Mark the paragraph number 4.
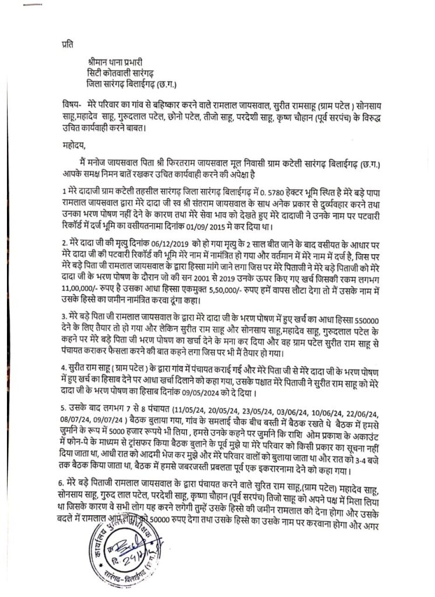pyautogui.click(x=65, y=367)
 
